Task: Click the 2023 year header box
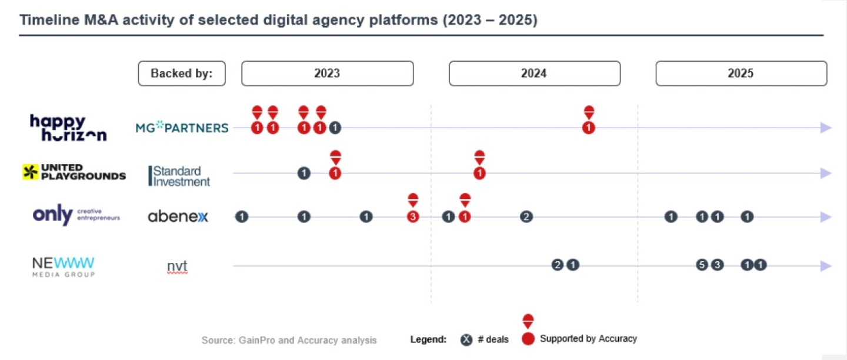point(327,74)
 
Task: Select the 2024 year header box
point(534,74)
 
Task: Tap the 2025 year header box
point(741,74)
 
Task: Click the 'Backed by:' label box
point(181,74)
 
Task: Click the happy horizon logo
point(68,128)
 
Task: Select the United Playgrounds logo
point(74,172)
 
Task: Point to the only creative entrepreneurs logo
point(76,216)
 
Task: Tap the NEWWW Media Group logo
point(63,266)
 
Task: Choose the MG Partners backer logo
point(182,128)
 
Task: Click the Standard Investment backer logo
point(179,176)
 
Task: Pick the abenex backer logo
point(178,217)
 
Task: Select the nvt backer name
point(177,266)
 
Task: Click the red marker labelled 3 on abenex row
point(413,217)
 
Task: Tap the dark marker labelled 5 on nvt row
point(701,265)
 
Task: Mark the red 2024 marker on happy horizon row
point(589,128)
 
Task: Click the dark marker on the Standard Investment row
point(304,173)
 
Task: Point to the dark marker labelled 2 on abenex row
point(526,217)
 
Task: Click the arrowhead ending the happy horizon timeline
point(826,128)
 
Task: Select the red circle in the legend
point(528,339)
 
